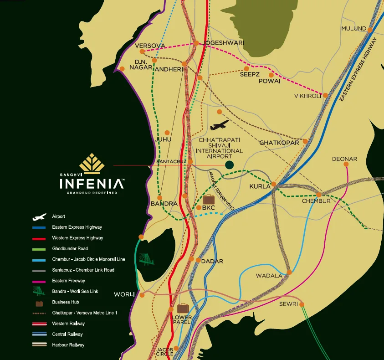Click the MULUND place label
click(353, 29)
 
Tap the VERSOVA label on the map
click(149, 46)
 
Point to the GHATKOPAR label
click(279, 143)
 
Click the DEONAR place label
click(344, 159)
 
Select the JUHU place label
click(164, 139)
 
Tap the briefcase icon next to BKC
click(209, 199)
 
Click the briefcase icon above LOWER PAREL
click(183, 308)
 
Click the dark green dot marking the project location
click(230, 165)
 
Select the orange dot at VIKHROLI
click(326, 95)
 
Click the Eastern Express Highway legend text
click(77, 227)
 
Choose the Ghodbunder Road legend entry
click(70, 248)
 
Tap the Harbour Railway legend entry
click(68, 345)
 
